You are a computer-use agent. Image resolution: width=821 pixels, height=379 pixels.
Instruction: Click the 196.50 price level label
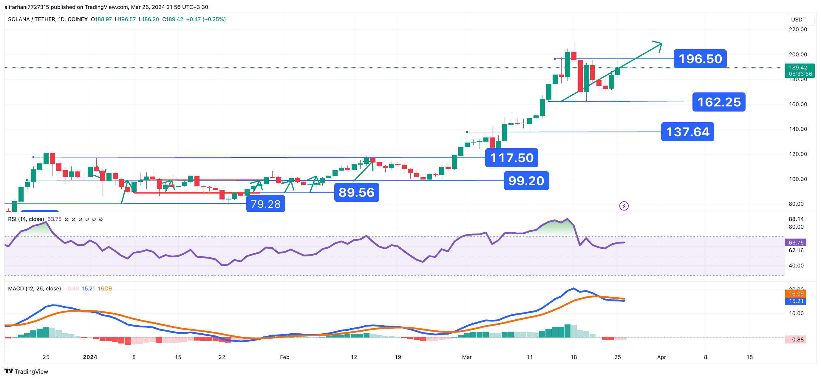[700, 59]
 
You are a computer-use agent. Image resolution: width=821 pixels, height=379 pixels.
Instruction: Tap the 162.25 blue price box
[719, 102]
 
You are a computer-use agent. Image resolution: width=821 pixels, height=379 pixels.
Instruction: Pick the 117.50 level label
[511, 158]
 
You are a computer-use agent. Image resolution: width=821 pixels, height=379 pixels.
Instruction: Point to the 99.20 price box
[526, 181]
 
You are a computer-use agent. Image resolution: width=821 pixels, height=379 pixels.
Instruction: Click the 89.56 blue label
[356, 193]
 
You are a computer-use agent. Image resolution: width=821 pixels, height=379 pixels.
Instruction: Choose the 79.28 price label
[265, 204]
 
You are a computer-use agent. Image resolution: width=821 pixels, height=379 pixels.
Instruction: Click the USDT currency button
[798, 20]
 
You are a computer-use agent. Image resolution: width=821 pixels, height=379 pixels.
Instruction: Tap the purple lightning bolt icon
[624, 206]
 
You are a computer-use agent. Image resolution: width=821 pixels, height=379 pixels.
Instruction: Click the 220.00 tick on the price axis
[798, 30]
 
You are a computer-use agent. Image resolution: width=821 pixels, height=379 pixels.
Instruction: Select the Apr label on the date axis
[661, 357]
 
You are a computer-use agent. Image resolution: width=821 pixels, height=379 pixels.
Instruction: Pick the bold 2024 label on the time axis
[90, 357]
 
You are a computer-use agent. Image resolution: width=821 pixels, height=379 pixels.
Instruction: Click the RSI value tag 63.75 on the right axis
[796, 242]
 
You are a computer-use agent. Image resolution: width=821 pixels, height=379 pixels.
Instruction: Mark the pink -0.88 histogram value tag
[796, 339]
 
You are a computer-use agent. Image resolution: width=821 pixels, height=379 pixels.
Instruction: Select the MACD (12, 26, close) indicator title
[34, 288]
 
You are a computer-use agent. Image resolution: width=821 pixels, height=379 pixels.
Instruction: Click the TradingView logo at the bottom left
[27, 371]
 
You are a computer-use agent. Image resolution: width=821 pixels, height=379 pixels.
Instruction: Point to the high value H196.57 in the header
[125, 19]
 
